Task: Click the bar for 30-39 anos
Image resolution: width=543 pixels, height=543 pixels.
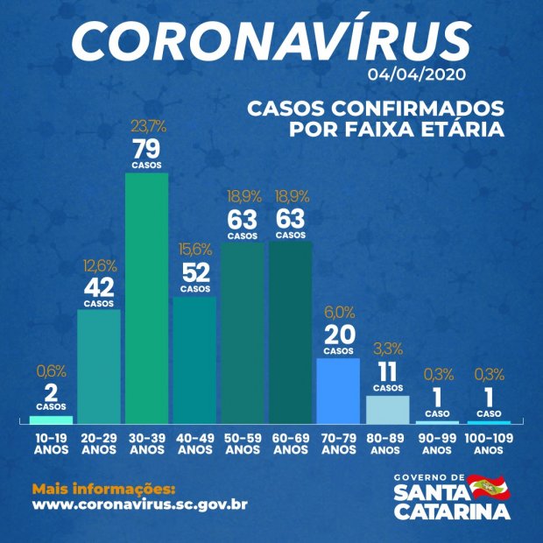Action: (146, 298)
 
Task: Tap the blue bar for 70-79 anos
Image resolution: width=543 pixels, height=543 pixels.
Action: (337, 391)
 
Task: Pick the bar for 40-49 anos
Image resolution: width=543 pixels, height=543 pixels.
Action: (194, 360)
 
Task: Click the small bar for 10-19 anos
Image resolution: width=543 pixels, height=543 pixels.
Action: (51, 420)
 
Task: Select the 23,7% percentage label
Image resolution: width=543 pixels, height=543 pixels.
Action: (145, 125)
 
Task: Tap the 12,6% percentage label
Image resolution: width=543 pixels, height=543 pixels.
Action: (98, 265)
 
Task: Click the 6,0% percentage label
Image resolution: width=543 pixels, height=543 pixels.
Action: (337, 311)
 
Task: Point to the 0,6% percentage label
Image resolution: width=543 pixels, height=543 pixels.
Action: (51, 371)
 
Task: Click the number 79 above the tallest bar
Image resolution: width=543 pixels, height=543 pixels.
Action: (145, 146)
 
